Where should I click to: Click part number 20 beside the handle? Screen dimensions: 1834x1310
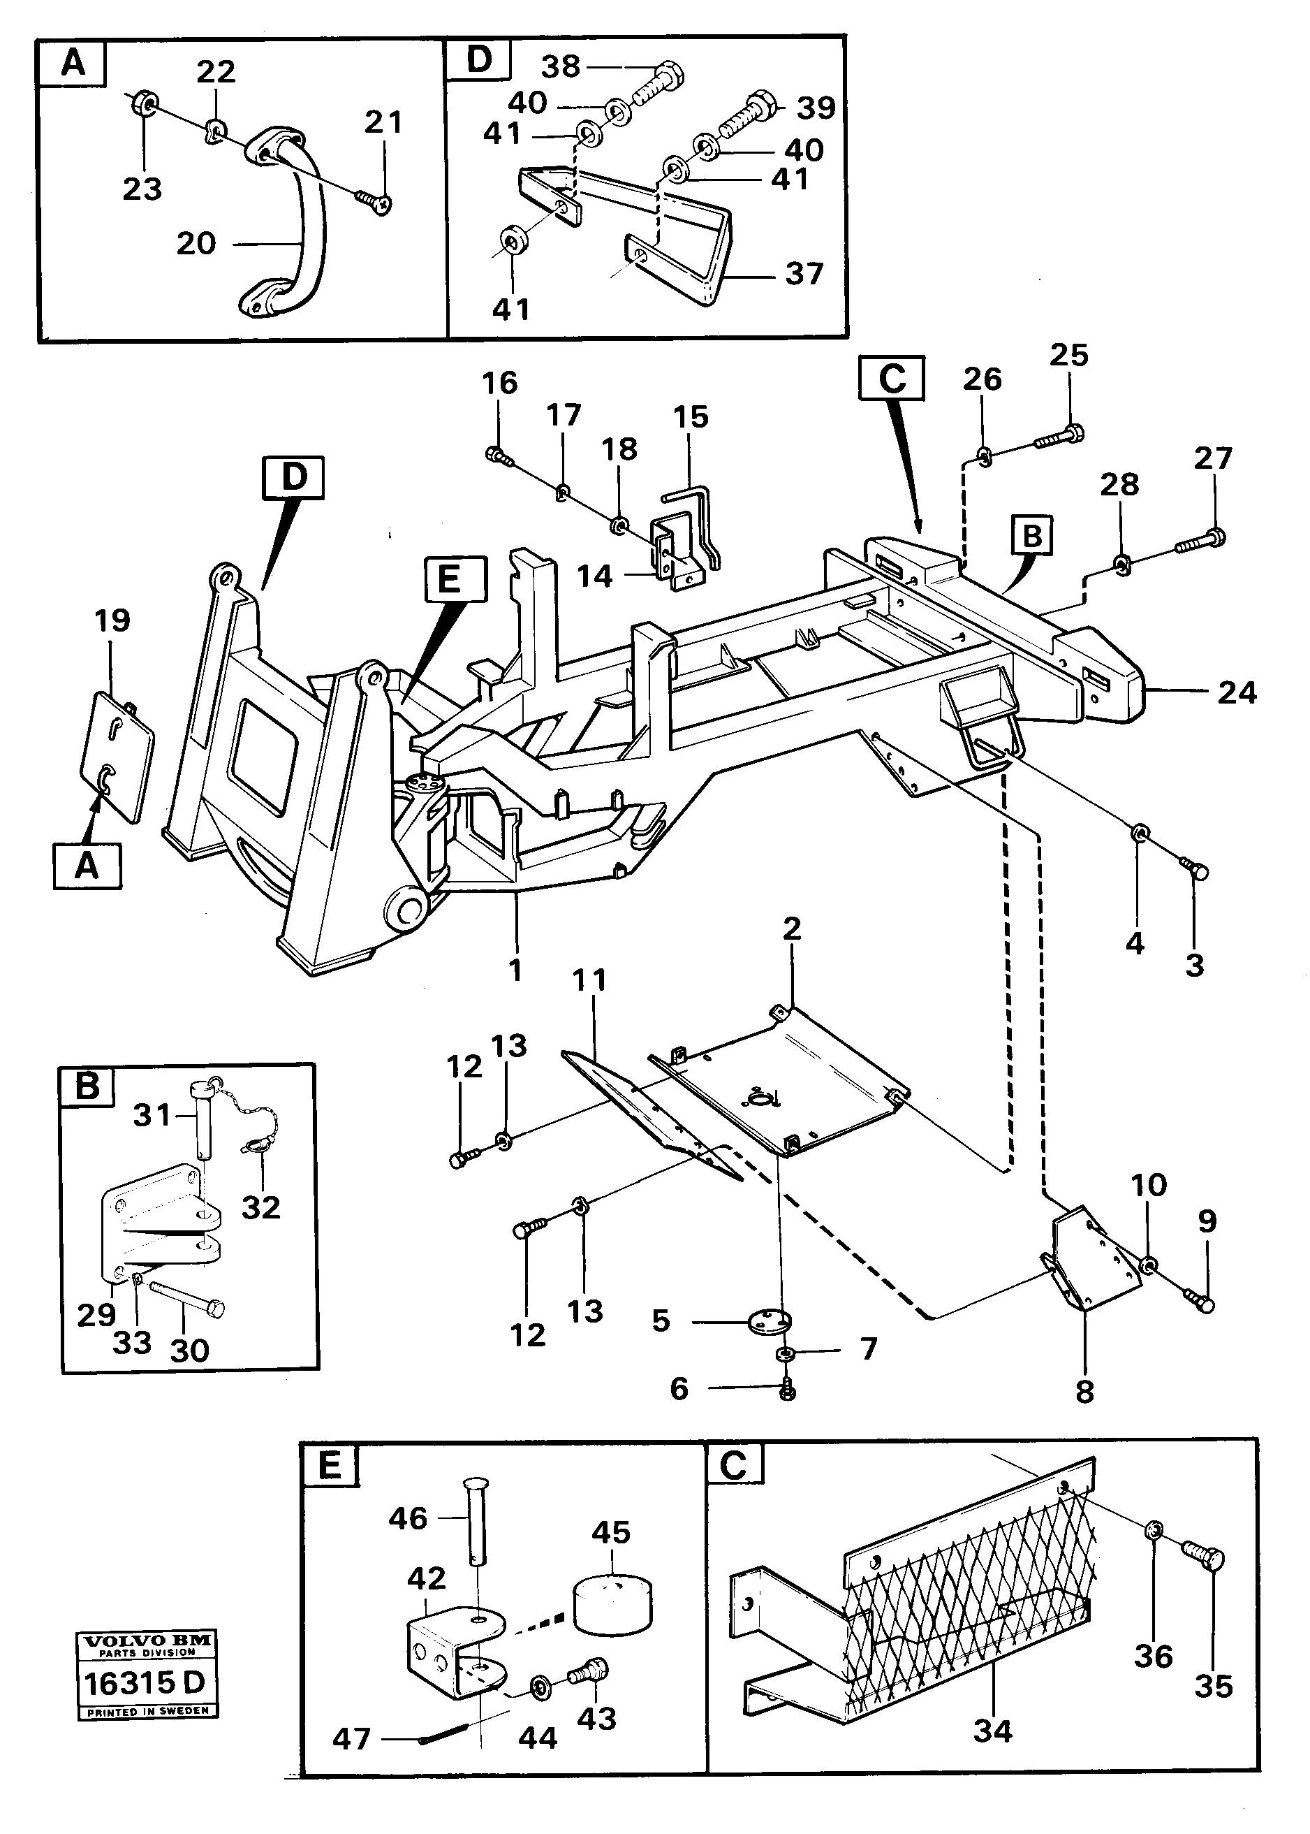pyautogui.click(x=196, y=243)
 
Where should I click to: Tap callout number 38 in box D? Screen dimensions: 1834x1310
pyautogui.click(x=560, y=66)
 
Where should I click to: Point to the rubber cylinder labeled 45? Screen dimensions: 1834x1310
pyautogui.click(x=612, y=1606)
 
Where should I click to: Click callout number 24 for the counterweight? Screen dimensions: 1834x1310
pyautogui.click(x=1236, y=692)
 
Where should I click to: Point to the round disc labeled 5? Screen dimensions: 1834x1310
pyautogui.click(x=770, y=1321)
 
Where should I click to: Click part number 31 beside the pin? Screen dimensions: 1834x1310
pyautogui.click(x=152, y=1115)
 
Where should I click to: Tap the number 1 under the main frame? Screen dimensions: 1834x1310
pyautogui.click(x=515, y=970)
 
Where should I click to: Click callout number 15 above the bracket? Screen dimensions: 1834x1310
pyautogui.click(x=691, y=417)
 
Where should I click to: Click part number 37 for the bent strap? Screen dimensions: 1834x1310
pyautogui.click(x=804, y=273)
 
